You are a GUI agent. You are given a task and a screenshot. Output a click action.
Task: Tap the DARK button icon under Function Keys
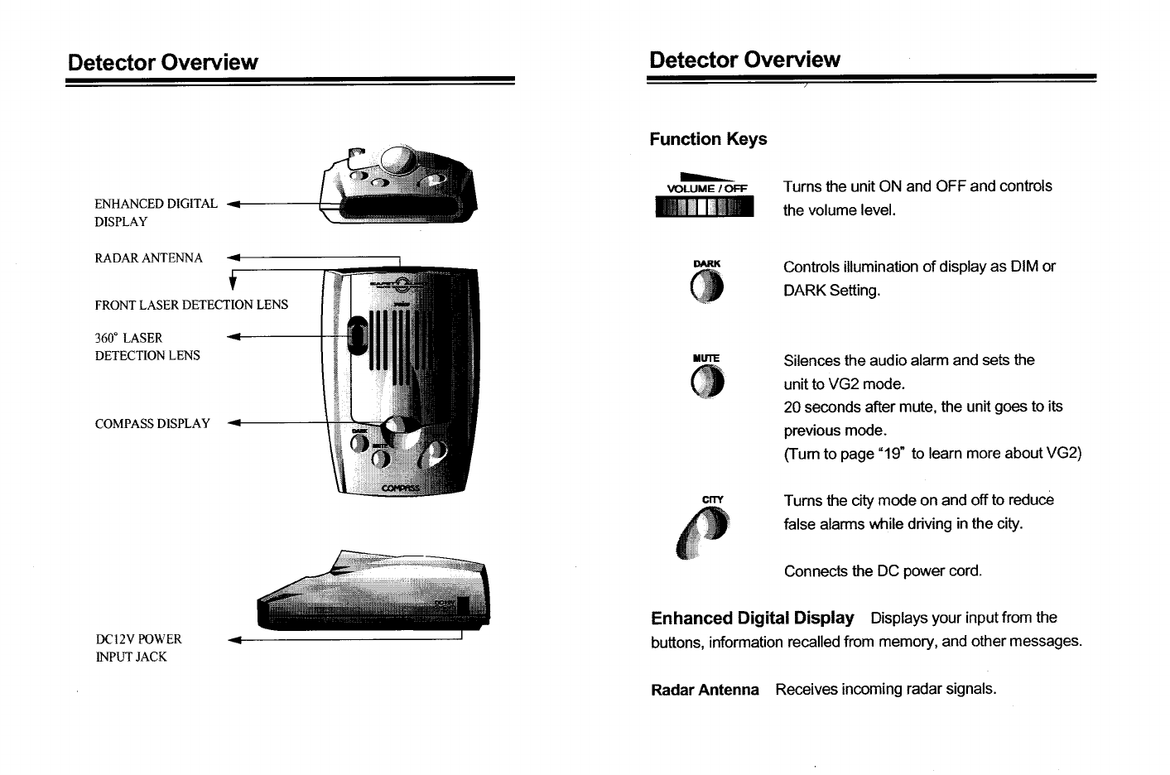coord(708,286)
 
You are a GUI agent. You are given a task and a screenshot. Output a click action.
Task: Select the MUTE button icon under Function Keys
coord(708,382)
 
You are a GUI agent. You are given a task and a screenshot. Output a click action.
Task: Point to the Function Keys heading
coord(708,139)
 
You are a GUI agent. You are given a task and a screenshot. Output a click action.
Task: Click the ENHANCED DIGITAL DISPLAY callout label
coord(156,212)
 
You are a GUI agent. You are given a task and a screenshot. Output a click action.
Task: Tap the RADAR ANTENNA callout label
coord(149,258)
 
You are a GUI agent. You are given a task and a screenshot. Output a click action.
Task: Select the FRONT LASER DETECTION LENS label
coord(191,305)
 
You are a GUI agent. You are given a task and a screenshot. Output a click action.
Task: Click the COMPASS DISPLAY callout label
coord(152,424)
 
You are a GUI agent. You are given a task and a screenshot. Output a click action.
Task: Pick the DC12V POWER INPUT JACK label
coord(138,647)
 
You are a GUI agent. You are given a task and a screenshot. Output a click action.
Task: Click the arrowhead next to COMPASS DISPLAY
coord(233,424)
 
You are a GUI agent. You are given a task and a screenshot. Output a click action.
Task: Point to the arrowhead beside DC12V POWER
coord(233,640)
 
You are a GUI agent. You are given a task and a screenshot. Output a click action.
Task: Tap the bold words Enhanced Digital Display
coord(752,619)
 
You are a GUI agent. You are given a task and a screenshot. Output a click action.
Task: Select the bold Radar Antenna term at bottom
coord(705,690)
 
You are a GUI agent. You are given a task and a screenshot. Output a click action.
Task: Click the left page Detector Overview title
coord(163,63)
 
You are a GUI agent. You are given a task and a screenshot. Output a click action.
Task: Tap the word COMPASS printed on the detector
coord(401,489)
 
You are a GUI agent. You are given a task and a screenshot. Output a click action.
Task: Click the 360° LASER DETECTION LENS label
coord(147,346)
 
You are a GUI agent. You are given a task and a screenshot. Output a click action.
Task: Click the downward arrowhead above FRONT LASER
coord(234,286)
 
